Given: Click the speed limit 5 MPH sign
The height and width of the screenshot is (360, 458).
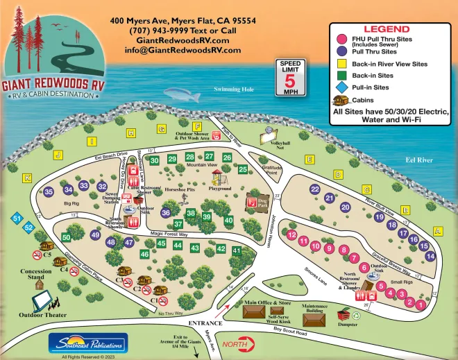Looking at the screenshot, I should point(290,78).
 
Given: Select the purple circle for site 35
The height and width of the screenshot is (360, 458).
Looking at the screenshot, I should point(49,191).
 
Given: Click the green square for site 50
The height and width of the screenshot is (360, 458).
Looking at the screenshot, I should point(66,237).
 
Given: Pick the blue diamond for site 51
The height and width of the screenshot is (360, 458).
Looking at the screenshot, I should point(16,218).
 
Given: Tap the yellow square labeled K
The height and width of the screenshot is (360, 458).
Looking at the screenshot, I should point(27,178).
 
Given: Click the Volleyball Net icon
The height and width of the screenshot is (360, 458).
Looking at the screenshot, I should point(266,135).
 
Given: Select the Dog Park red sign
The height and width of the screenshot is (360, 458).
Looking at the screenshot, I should point(253,203).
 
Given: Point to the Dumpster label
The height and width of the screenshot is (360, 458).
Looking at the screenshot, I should point(348,324).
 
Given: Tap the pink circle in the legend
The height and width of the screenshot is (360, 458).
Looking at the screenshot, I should point(341,40).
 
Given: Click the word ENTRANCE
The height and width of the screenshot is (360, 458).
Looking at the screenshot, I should point(205,323).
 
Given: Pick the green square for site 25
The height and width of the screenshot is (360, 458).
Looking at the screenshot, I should point(243,169).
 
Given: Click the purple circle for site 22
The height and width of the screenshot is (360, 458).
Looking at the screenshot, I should point(315,189).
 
